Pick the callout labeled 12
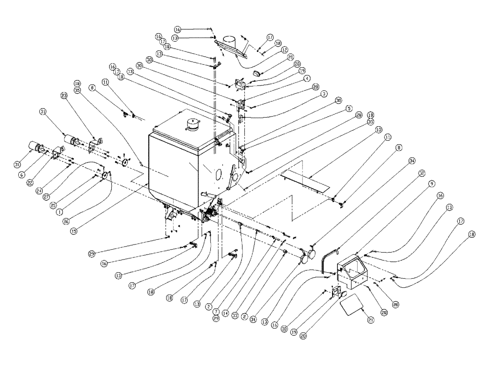point(284,49)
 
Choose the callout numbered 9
point(431,184)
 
